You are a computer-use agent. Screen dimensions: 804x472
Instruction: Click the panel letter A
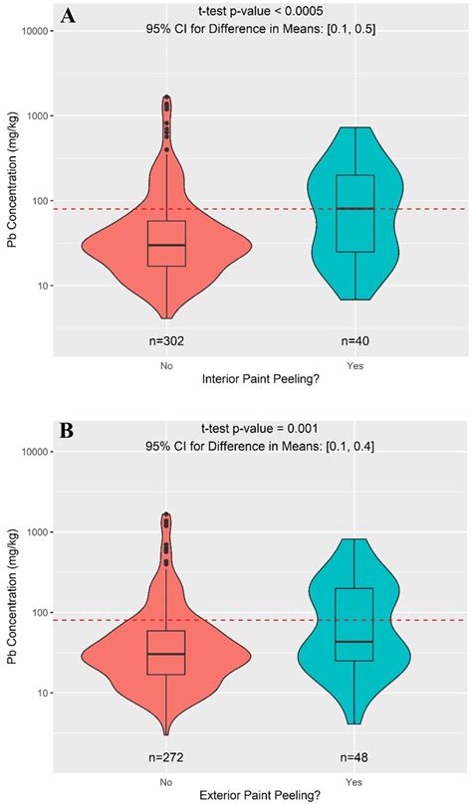(x=69, y=16)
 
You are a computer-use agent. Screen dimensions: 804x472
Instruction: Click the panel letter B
(x=68, y=432)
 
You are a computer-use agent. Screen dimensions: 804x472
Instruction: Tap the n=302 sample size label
(x=165, y=340)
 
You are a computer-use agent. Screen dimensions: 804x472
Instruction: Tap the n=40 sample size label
(x=355, y=340)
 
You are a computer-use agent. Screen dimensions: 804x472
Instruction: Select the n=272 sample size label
(x=165, y=757)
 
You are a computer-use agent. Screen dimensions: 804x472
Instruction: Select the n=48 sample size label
(x=355, y=757)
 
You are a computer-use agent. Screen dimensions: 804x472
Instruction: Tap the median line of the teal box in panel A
(x=355, y=208)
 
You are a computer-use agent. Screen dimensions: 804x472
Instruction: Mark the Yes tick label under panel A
(x=355, y=364)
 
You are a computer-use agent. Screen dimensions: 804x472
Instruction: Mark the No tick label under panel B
(x=165, y=781)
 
